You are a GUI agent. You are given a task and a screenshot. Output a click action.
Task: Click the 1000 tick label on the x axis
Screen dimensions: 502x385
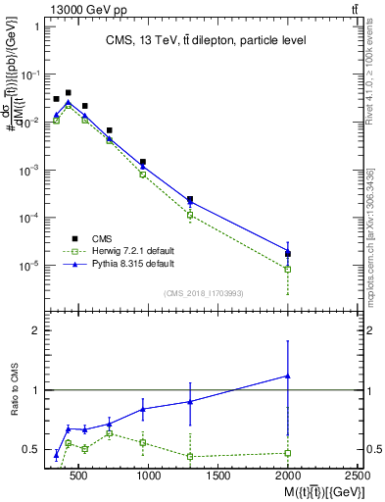(149, 476)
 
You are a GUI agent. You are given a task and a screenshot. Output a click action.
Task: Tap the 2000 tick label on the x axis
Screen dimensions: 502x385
(288, 476)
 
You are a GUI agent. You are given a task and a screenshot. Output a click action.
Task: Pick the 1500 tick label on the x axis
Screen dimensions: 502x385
(218, 476)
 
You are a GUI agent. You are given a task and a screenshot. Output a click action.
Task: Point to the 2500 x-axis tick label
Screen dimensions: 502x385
(355, 476)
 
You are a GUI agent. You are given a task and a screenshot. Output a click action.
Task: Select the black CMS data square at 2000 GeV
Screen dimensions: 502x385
(287, 254)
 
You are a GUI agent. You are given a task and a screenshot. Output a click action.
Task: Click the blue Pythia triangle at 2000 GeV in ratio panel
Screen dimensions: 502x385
(287, 376)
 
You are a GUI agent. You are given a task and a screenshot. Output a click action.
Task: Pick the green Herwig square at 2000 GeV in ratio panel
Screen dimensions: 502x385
(287, 452)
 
